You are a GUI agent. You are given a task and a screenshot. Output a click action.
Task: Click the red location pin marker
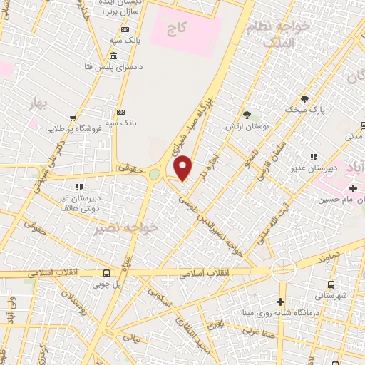click(x=184, y=168)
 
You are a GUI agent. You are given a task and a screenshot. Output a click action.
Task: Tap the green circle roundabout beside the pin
click(x=155, y=175)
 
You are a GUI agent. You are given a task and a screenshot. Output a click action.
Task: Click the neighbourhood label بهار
click(x=35, y=106)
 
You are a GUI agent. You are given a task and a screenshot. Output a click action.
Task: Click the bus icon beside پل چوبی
click(x=106, y=273)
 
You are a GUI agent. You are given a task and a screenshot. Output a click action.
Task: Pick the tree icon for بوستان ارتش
click(x=247, y=114)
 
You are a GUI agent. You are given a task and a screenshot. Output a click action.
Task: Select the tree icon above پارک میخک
click(x=305, y=98)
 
